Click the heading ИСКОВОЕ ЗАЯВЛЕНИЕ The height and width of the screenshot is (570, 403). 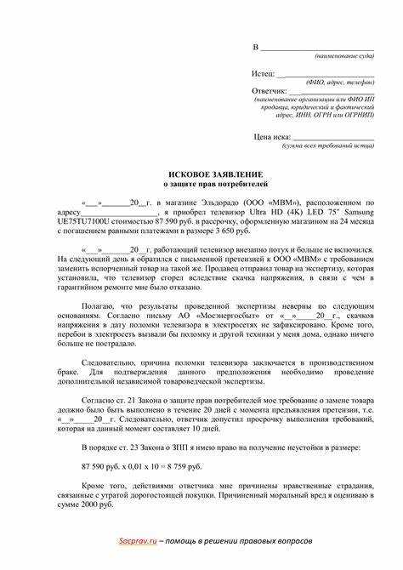201,174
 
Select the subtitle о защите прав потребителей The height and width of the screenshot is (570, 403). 201,184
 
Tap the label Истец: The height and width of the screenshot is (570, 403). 263,75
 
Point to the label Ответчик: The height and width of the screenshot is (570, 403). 270,90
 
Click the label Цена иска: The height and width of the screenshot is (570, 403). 272,136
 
